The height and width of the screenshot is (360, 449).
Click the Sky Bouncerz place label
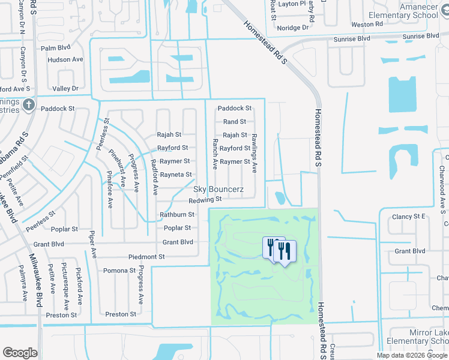[218, 189]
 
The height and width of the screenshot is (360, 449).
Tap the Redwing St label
[205, 200]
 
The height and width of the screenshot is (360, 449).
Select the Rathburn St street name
[176, 214]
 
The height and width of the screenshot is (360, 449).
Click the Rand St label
[235, 122]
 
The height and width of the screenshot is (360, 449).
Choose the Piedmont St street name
[146, 257]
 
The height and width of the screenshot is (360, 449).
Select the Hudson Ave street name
[65, 60]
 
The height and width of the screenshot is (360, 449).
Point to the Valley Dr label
[65, 89]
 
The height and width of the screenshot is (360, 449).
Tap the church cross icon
[28, 106]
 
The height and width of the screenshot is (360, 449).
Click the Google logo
[20, 353]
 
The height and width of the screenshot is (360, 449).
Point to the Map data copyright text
[412, 355]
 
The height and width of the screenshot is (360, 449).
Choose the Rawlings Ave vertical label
[255, 154]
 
